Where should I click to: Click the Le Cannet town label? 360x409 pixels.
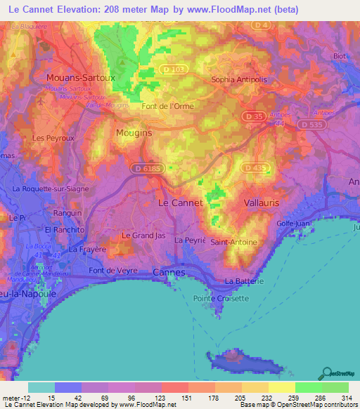(x=179, y=202)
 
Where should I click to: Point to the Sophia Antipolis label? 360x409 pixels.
(x=242, y=79)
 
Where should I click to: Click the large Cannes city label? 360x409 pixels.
(x=169, y=272)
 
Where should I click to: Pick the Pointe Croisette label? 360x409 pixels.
(x=226, y=298)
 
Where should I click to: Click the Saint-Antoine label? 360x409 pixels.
(x=234, y=242)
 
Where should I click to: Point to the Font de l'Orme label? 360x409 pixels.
(x=167, y=107)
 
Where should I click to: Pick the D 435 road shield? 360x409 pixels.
(x=256, y=168)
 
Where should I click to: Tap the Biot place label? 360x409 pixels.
(x=340, y=56)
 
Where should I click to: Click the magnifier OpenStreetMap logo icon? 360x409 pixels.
(x=326, y=374)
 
